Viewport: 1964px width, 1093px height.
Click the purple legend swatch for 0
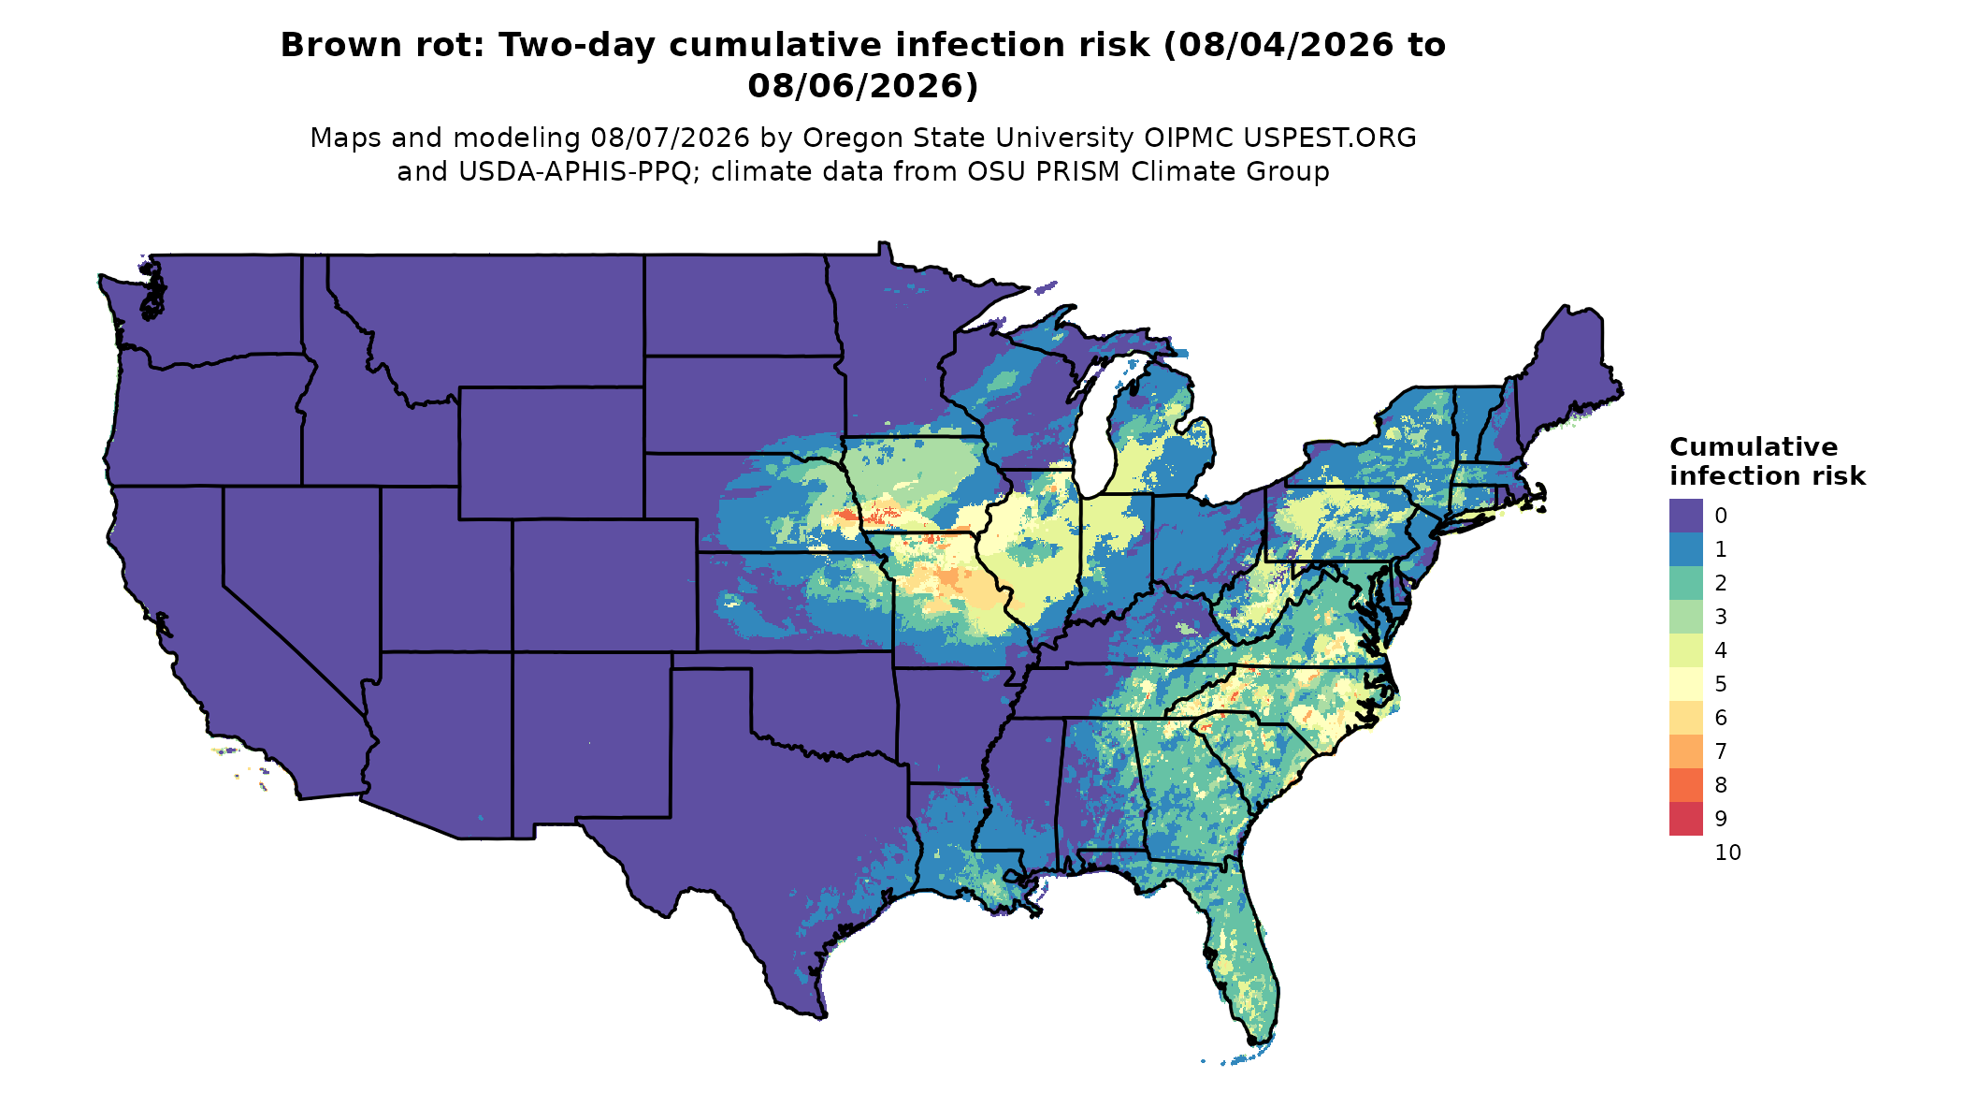[1685, 516]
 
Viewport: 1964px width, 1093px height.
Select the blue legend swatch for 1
[1685, 549]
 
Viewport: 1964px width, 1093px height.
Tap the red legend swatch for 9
[1685, 819]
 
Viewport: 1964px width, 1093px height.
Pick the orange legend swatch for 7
[1685, 751]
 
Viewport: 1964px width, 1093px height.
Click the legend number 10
[1727, 853]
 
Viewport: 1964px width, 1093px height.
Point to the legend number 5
[1721, 684]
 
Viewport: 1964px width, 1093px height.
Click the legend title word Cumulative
[1753, 447]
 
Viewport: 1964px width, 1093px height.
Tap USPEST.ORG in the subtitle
[1329, 138]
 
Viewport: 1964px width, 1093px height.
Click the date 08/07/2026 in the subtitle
[670, 138]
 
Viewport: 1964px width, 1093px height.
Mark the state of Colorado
[604, 585]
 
